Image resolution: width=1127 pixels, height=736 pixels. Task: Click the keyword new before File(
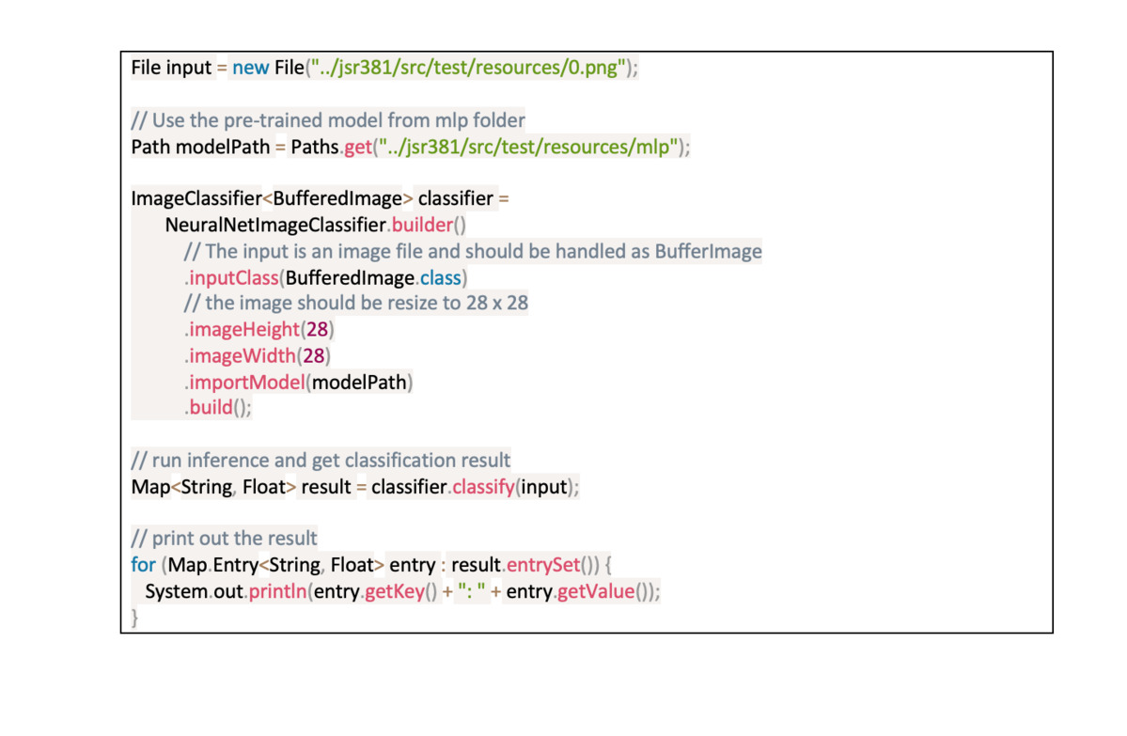250,69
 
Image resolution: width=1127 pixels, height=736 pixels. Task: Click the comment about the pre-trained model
328,120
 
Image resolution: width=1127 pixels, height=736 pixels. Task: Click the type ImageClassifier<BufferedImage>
272,199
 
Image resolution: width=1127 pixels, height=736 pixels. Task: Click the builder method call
420,226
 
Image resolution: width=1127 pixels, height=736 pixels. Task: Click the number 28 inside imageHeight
317,330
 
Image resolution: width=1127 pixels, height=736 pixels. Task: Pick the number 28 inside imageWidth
314,356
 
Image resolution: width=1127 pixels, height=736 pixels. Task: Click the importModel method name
246,383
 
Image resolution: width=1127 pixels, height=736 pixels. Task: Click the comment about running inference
321,461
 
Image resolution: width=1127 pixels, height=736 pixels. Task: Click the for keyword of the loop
143,566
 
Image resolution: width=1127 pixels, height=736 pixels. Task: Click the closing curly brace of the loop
134,618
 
